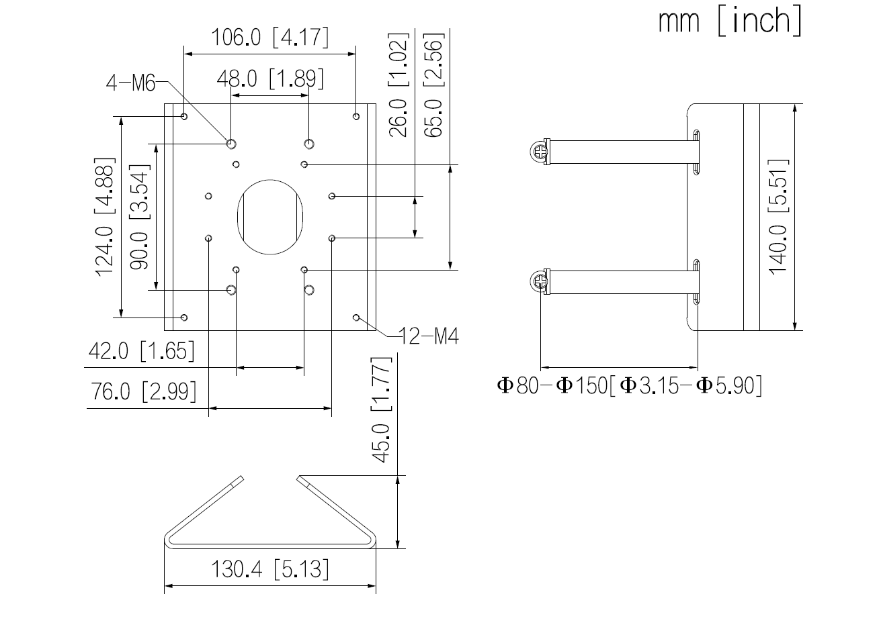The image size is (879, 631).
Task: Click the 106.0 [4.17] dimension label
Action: [270, 38]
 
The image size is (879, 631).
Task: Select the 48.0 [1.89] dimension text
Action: [270, 79]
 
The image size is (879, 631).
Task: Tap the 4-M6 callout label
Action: [130, 84]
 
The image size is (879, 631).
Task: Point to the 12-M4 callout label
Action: [429, 336]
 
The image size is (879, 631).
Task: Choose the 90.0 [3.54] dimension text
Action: [139, 216]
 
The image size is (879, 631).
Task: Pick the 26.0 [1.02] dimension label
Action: [399, 85]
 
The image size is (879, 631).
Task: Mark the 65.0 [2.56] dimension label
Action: [434, 85]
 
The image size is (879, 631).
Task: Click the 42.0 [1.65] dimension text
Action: [141, 351]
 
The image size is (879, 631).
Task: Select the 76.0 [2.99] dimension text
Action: [144, 391]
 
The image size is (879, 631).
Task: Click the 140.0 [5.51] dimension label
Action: [778, 216]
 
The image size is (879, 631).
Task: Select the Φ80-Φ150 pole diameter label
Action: [629, 386]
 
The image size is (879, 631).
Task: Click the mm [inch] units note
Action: [730, 21]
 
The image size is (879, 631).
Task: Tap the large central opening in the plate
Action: [270, 216]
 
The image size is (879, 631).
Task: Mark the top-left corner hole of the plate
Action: [185, 117]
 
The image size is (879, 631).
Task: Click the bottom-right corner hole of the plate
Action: [356, 317]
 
